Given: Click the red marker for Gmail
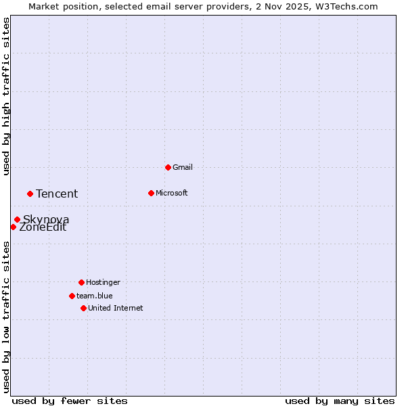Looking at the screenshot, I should click(x=168, y=167).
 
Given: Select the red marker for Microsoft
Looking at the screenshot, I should click(x=151, y=193).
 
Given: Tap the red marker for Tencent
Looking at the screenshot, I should click(x=30, y=194).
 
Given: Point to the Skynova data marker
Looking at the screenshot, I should click(x=17, y=219).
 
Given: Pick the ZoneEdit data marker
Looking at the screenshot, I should click(x=13, y=227).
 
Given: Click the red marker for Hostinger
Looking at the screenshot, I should click(x=81, y=282).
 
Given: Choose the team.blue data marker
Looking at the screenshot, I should click(x=72, y=296).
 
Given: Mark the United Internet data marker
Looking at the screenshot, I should click(x=83, y=308).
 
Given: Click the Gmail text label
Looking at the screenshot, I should click(x=183, y=167).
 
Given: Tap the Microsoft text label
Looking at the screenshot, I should click(x=172, y=193).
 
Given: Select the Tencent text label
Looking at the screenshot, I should click(x=57, y=194).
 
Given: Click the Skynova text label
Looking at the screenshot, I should click(x=46, y=219).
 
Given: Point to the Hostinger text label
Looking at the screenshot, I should click(x=103, y=282).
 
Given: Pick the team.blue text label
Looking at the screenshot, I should click(x=95, y=296).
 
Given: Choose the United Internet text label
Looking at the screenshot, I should click(x=116, y=308).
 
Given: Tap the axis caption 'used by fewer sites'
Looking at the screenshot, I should click(x=70, y=401).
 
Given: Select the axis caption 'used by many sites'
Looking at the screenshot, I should click(x=340, y=401).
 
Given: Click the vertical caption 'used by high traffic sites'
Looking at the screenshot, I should click(x=7, y=96).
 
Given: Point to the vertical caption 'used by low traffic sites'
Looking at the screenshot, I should click(x=7, y=316).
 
